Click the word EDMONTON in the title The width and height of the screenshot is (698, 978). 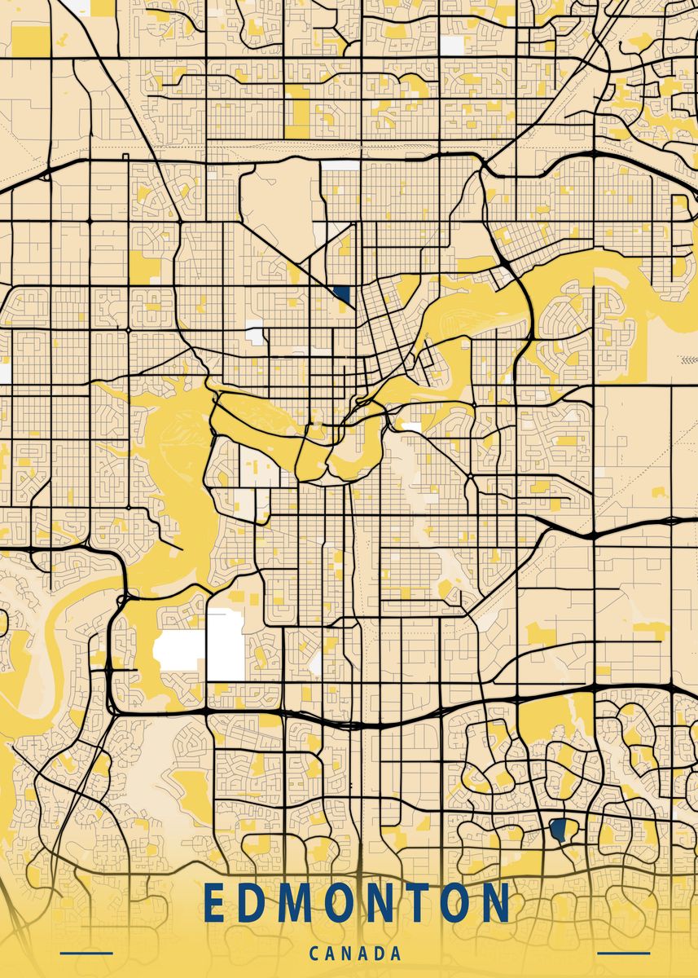pos(357,903)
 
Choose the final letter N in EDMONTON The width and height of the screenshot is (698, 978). pos(495,903)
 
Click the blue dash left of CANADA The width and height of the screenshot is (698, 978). pos(86,953)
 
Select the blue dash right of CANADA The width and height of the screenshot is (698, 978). pos(624,953)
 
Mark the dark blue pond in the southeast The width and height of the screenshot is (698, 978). pos(559,830)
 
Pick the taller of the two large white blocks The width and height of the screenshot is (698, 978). pos(226,645)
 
